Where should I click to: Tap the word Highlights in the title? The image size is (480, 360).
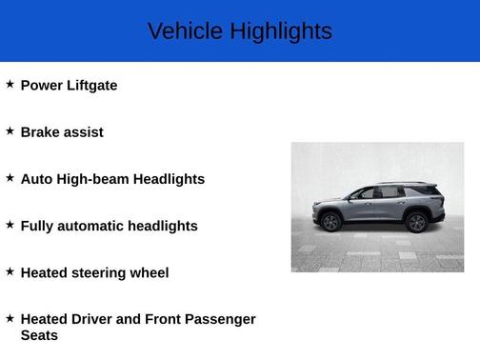click(x=279, y=31)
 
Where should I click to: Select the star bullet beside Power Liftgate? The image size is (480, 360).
click(x=10, y=84)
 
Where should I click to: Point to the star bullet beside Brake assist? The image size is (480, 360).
click(x=10, y=130)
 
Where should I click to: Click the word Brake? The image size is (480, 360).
click(x=39, y=132)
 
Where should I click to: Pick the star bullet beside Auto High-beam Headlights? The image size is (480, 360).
click(x=10, y=177)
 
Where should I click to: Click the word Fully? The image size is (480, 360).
click(x=37, y=227)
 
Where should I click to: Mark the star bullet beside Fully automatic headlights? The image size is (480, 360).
click(x=10, y=224)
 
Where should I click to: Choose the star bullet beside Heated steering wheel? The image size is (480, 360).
click(x=10, y=270)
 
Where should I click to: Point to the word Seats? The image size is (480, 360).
click(x=39, y=335)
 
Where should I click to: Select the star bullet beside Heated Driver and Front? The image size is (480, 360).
click(x=10, y=317)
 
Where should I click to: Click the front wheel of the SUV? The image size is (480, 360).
click(x=330, y=223)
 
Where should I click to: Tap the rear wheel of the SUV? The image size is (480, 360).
click(x=415, y=223)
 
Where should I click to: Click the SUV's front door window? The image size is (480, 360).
click(x=363, y=193)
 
